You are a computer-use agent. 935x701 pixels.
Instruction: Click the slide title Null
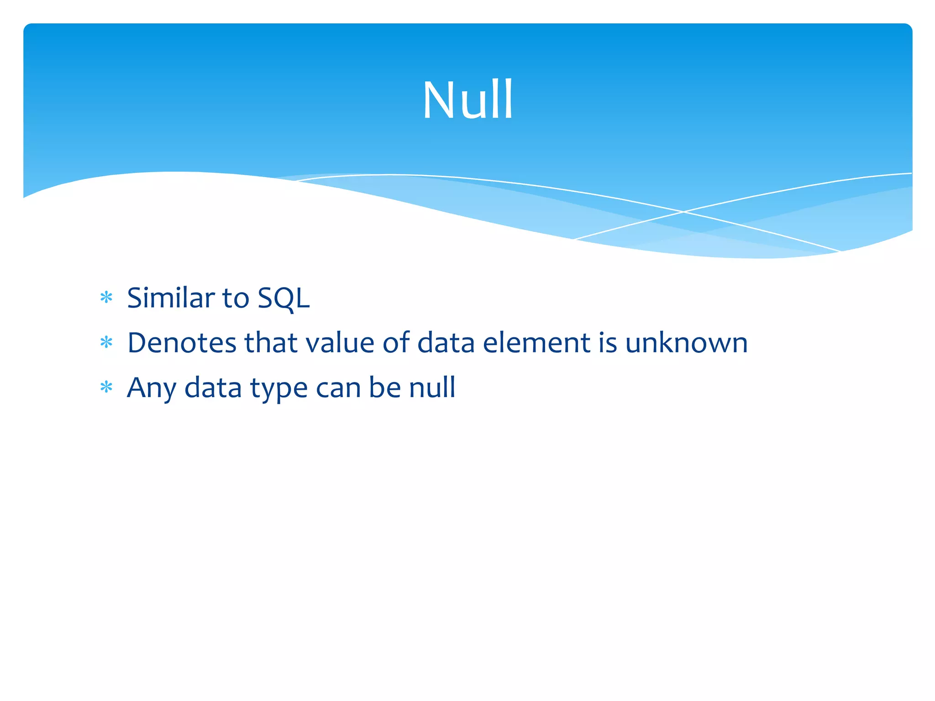(x=468, y=100)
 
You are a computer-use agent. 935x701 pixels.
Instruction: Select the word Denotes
(x=182, y=343)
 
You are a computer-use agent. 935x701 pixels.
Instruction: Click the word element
(x=536, y=343)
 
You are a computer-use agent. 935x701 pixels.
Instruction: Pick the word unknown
(x=686, y=343)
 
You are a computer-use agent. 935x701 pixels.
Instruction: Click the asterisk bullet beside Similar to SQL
(x=106, y=298)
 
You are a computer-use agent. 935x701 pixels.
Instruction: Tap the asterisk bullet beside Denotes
(x=106, y=343)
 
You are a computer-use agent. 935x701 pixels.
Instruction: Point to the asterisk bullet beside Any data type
(x=106, y=387)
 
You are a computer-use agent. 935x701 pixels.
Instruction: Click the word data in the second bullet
(x=446, y=343)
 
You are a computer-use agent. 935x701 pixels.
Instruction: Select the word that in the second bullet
(x=271, y=343)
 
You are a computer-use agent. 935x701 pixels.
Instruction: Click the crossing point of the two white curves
(x=683, y=212)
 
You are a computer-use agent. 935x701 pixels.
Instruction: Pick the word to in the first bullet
(x=236, y=298)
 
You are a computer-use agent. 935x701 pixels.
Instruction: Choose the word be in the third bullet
(x=385, y=387)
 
